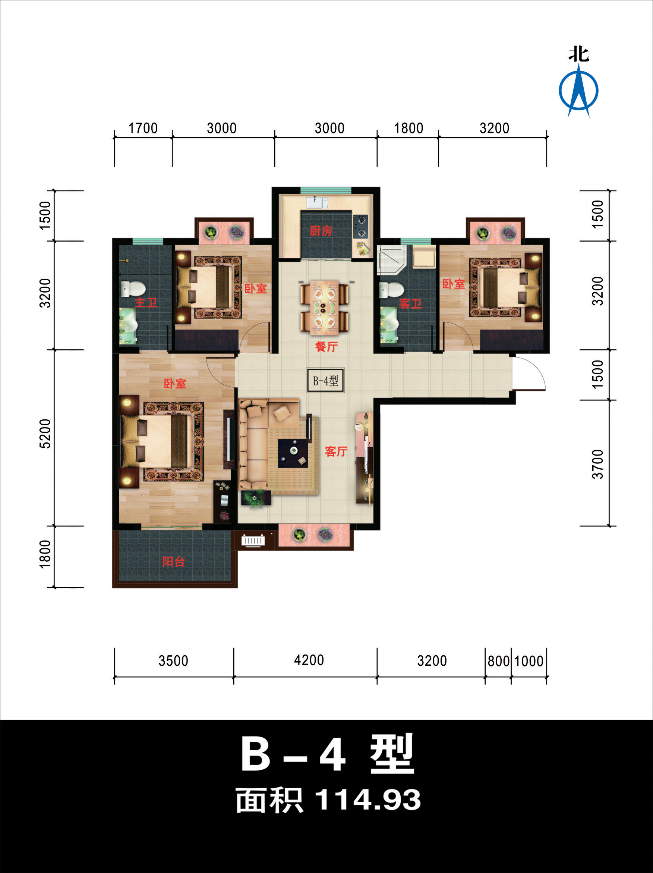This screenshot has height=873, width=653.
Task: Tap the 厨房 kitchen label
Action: [x=321, y=231]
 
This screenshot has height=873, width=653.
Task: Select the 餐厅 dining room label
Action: [x=326, y=347]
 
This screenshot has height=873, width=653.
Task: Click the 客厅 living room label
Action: [x=336, y=451]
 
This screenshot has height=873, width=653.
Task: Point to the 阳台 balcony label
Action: [x=174, y=562]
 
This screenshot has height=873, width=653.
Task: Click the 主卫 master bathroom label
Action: [x=146, y=303]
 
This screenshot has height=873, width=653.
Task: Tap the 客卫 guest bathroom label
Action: [x=410, y=303]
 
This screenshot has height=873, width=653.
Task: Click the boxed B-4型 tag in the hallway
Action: [x=325, y=381]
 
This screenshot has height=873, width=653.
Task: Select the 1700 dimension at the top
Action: [x=143, y=128]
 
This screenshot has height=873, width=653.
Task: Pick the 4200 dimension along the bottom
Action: [x=309, y=660]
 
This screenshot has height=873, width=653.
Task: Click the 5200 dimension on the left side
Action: [x=45, y=434]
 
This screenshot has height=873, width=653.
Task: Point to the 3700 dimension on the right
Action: [x=597, y=464]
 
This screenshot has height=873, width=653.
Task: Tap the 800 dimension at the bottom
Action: [x=498, y=661]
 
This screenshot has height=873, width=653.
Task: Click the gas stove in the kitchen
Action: [x=361, y=227]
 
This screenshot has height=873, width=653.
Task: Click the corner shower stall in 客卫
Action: [x=390, y=259]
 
